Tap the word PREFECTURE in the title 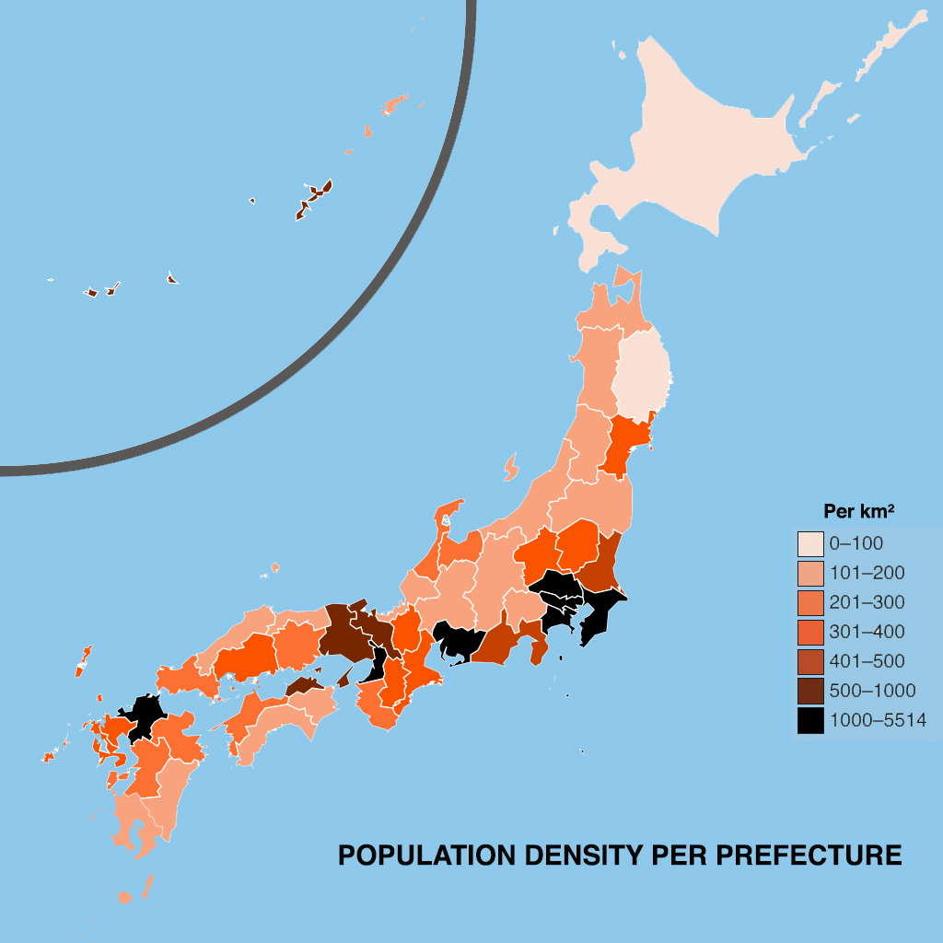coord(809,856)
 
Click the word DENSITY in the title coord(587,856)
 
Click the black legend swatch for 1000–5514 coord(810,720)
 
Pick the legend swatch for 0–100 coord(810,543)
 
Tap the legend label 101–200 coord(867,573)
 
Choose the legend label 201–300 coord(867,602)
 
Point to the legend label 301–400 coord(867,632)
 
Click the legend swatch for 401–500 coord(810,661)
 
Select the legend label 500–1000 coord(872,691)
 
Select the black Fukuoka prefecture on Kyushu coord(143,714)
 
